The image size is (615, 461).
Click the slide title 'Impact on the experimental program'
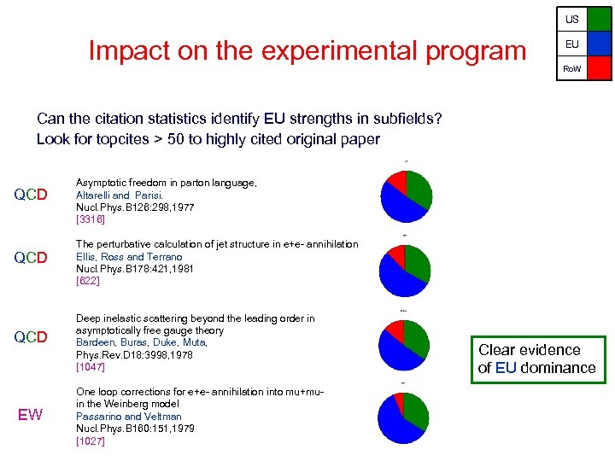pyautogui.click(x=307, y=51)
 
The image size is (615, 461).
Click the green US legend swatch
pyautogui.click(x=599, y=19)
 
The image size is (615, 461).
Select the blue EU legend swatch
pyautogui.click(x=599, y=44)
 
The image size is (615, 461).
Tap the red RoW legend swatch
pyautogui.click(x=599, y=67)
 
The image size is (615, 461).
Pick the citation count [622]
pyautogui.click(x=88, y=280)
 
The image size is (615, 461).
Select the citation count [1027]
pyautogui.click(x=90, y=441)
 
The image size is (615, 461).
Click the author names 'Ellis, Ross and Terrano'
pyautogui.click(x=129, y=256)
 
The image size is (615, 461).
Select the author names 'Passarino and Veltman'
pyautogui.click(x=129, y=417)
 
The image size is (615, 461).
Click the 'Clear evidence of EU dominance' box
pyautogui.click(x=536, y=359)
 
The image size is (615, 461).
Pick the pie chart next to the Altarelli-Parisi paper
pyautogui.click(x=406, y=196)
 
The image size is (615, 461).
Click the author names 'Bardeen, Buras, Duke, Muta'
pyautogui.click(x=142, y=342)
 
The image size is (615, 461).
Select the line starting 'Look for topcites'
pyautogui.click(x=208, y=139)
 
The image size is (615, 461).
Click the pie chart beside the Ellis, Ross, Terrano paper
pyautogui.click(x=406, y=270)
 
